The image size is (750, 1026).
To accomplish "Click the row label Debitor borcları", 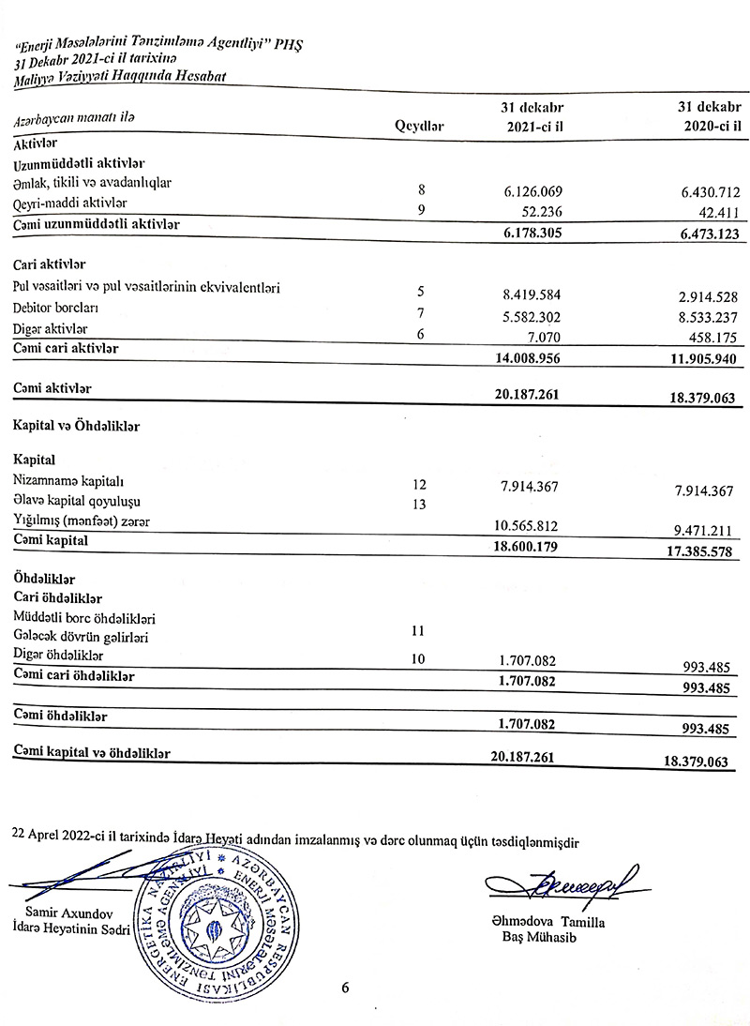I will pos(56,308).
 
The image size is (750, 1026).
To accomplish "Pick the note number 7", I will pos(420,311).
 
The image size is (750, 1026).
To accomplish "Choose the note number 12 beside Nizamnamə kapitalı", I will pos(419,485).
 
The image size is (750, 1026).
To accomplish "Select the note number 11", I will pos(419,632).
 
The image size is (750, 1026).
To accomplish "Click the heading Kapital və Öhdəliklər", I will pos(77,426).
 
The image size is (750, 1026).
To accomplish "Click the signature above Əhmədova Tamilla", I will pos(561,883).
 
